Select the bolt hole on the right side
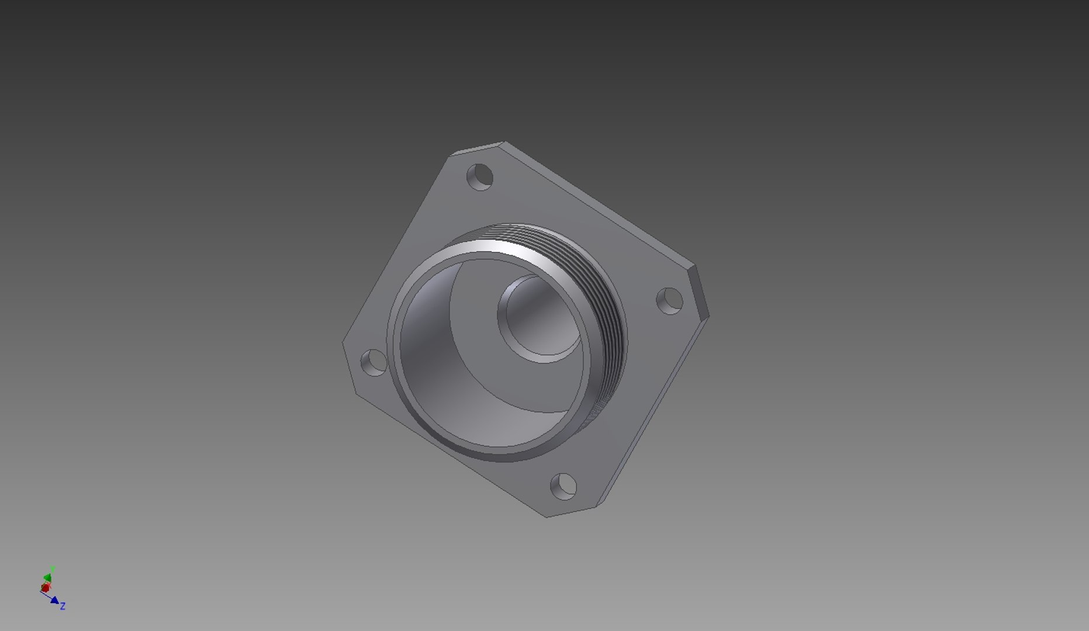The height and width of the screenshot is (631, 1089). (x=670, y=301)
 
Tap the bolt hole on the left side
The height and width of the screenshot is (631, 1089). (x=374, y=362)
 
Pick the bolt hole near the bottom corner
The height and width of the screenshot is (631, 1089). (x=563, y=487)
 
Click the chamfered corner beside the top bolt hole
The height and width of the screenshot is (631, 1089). (x=476, y=148)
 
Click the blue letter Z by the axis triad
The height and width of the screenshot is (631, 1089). (x=63, y=606)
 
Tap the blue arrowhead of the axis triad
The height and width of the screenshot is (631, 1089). (x=55, y=600)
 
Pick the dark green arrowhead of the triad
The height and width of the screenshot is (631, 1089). (x=48, y=578)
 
